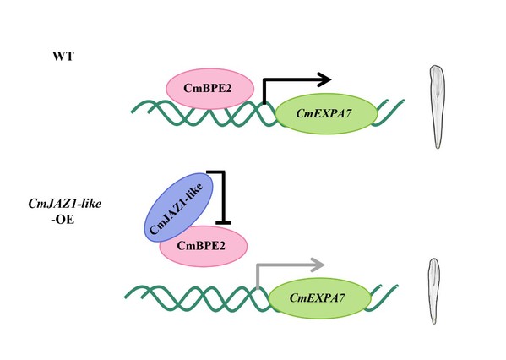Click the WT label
point(63,56)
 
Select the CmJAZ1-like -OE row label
point(64,211)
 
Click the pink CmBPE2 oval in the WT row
point(210,89)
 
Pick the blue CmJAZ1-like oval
point(178,207)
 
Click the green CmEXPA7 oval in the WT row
point(326,113)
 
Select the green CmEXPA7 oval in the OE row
point(319,298)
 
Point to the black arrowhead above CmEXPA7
point(324,79)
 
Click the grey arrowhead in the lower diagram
point(318,265)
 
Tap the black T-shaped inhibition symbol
point(223,197)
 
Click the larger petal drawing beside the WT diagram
point(438,106)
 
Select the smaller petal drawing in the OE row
point(434,291)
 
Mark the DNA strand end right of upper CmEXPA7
point(404,101)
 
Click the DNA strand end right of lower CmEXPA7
point(396,286)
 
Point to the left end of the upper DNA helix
point(132,112)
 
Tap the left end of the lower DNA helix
point(126,297)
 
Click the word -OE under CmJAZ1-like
point(63,220)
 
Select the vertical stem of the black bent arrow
point(264,91)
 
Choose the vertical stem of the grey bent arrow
point(258,276)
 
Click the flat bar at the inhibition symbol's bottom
point(223,222)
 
